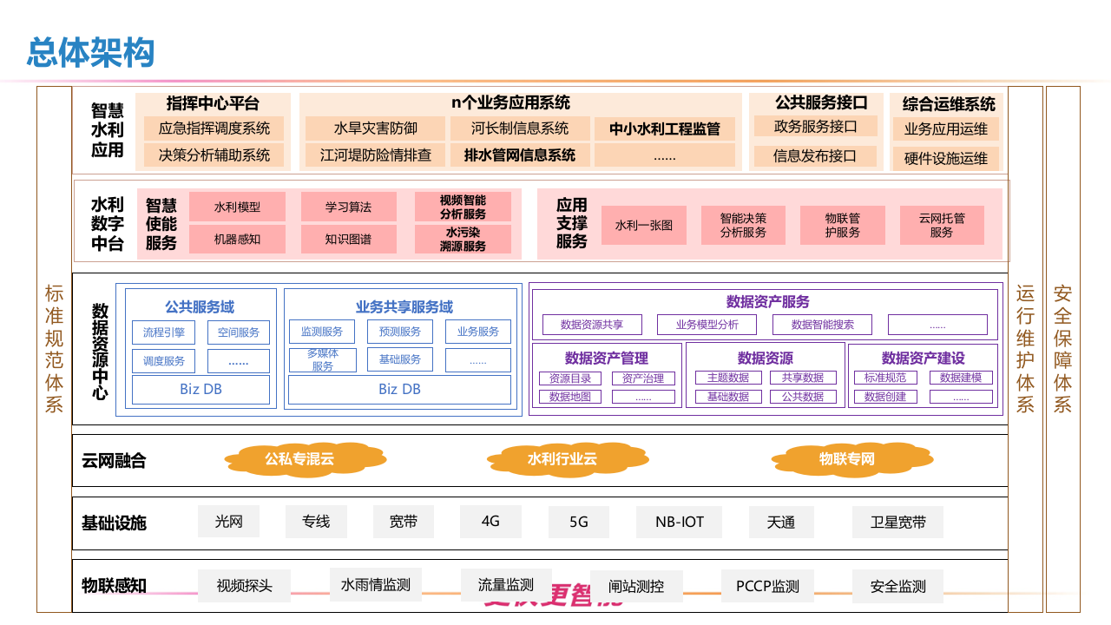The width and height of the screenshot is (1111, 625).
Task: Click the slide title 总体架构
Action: point(90,53)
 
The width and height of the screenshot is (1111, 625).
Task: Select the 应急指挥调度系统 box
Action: point(214,128)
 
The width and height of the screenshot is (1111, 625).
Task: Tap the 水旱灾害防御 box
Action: point(375,128)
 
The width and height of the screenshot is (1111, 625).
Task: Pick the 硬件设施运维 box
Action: point(945,159)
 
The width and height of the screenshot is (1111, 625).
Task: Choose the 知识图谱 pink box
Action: point(348,239)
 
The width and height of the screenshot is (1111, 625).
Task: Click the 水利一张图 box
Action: point(644,225)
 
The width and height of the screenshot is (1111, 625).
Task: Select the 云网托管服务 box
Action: point(941,225)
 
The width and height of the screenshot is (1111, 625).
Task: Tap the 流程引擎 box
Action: point(164,332)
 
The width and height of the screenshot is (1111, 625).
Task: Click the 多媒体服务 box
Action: point(322,360)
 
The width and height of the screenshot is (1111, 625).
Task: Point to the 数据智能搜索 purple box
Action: point(823,325)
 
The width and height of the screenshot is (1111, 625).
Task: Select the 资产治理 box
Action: point(642,378)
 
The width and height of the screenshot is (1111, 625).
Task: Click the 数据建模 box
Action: point(960,378)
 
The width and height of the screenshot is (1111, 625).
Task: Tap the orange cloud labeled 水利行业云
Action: point(562,459)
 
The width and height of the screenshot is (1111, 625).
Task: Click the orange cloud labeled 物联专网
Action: point(846,459)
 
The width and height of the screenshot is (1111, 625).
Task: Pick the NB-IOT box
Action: point(680,522)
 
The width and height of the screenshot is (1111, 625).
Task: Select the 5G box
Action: point(578,522)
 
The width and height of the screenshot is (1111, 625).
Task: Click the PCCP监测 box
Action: point(767,586)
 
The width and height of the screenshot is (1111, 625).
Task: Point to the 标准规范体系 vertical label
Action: point(54,349)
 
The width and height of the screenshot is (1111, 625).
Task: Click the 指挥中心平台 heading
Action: point(213,103)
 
